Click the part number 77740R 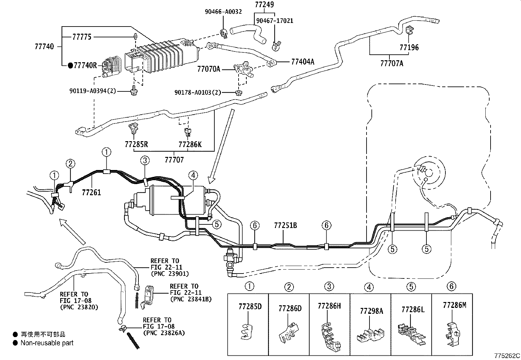click(x=85, y=66)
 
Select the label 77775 click(x=82, y=37)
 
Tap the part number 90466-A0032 click(x=223, y=12)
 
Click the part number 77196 click(x=409, y=47)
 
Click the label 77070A click(x=208, y=69)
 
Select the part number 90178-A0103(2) click(x=198, y=93)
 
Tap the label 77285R click(x=136, y=144)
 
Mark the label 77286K click(x=190, y=144)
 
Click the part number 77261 click(x=91, y=192)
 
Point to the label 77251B click(x=285, y=225)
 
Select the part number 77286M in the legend click(x=454, y=305)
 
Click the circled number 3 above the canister click(x=145, y=160)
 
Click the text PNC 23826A click(x=164, y=333)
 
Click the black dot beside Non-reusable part click(x=15, y=343)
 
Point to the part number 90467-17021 click(x=274, y=21)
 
